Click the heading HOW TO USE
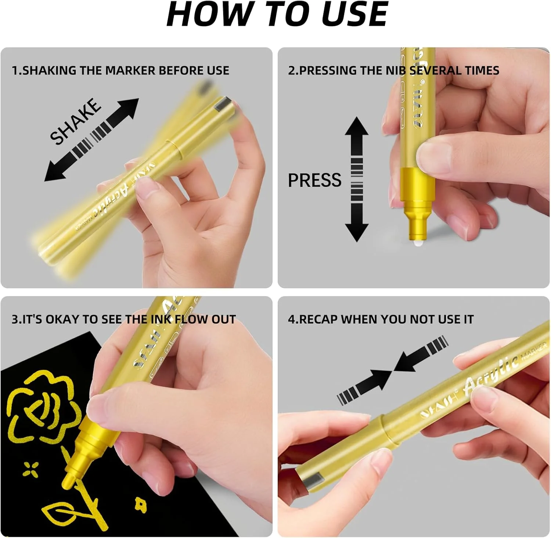(277, 15)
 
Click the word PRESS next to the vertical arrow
(314, 180)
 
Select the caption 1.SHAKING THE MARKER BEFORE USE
(120, 70)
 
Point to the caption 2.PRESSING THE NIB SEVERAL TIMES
(393, 70)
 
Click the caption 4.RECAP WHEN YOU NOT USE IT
(381, 319)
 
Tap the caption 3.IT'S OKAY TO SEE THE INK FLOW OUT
(123, 319)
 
